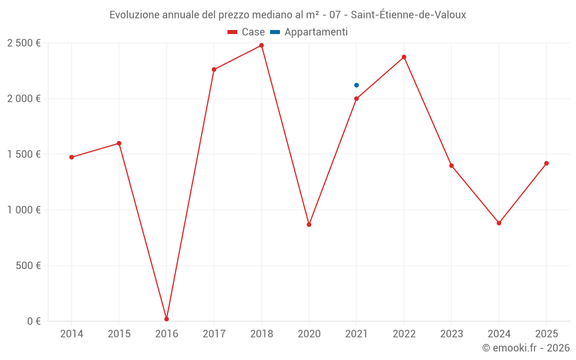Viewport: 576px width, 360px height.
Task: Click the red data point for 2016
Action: tap(166, 319)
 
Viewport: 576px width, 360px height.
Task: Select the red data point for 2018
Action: tap(262, 46)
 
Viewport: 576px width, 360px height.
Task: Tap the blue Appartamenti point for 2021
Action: tap(357, 85)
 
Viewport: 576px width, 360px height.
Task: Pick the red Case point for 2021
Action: tap(357, 98)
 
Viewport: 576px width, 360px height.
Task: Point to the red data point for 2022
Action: tap(404, 57)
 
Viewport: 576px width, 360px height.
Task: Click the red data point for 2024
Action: tap(499, 223)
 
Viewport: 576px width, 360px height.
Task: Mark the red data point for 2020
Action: tap(309, 225)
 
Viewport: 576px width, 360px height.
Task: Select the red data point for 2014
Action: tap(71, 157)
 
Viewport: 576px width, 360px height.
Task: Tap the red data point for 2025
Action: tap(547, 164)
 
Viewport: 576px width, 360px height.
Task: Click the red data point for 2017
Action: tap(214, 70)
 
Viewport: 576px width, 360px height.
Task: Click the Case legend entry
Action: tap(247, 32)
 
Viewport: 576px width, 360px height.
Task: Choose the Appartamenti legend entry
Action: tap(310, 32)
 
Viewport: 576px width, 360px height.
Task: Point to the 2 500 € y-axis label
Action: tap(24, 43)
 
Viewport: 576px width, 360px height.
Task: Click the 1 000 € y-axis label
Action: tap(24, 210)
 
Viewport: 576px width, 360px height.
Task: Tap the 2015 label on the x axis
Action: tap(119, 334)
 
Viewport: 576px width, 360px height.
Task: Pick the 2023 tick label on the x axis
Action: tap(452, 334)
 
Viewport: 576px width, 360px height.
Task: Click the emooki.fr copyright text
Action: tap(526, 348)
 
